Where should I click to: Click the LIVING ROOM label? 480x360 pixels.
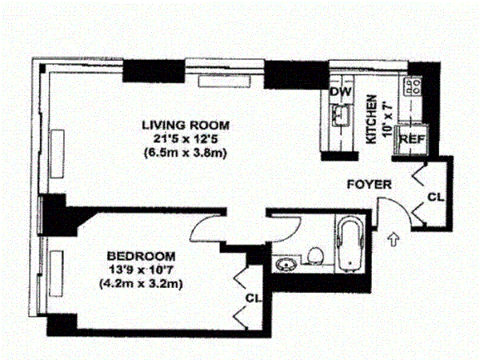point(186,125)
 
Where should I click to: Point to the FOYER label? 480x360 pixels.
point(369,185)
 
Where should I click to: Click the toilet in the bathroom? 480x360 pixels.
point(316,256)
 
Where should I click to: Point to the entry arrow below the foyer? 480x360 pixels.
point(392,238)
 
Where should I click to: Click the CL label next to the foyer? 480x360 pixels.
point(434,197)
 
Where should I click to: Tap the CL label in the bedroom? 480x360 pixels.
point(254,298)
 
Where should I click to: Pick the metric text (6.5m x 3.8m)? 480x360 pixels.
point(186,153)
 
